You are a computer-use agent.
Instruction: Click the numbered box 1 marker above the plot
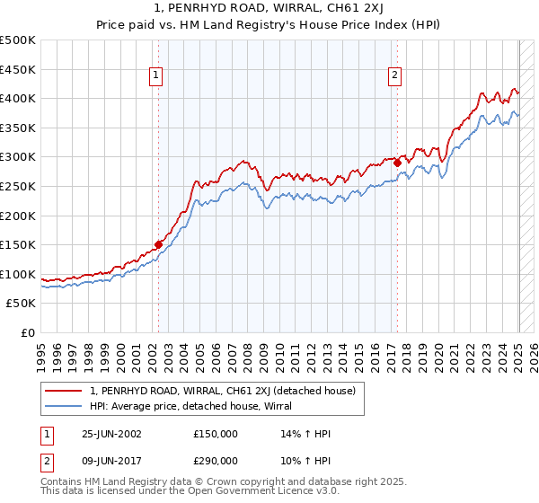pos(156,76)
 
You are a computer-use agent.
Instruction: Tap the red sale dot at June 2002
pos(159,243)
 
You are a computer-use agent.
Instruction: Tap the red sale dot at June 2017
pos(397,162)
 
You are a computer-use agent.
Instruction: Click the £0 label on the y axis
pos(27,332)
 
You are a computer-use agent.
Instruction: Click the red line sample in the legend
pos(64,391)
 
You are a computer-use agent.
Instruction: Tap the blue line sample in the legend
pos(64,406)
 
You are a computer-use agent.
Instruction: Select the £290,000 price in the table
pos(216,460)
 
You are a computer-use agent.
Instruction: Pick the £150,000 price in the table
pos(216,433)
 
